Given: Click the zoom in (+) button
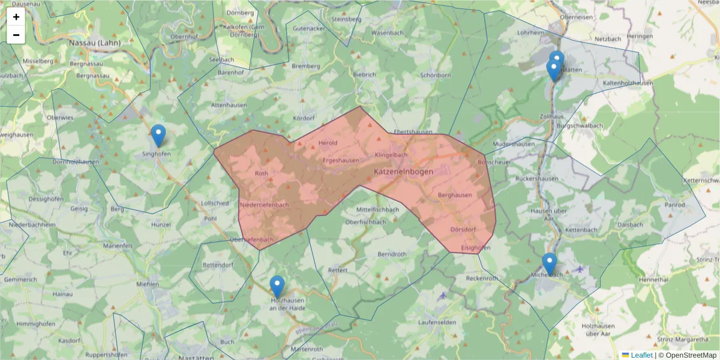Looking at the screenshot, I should tap(16, 17).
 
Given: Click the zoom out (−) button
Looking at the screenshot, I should tap(16, 35).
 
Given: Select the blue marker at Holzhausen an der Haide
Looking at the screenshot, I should tap(277, 287).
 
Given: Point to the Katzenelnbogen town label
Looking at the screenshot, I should tap(403, 172).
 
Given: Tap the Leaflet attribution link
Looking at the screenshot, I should tap(641, 355).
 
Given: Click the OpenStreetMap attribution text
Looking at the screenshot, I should tap(687, 355).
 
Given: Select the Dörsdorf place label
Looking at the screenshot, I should tap(463, 229).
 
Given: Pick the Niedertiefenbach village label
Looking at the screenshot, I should tap(265, 205).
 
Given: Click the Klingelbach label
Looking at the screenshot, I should tap(391, 155).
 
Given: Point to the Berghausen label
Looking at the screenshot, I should tap(455, 195).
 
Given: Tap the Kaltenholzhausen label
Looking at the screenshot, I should tap(628, 83).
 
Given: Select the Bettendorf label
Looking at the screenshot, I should tap(218, 265).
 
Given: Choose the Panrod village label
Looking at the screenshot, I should tap(675, 205).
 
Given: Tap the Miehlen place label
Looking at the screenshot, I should tap(148, 283).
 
